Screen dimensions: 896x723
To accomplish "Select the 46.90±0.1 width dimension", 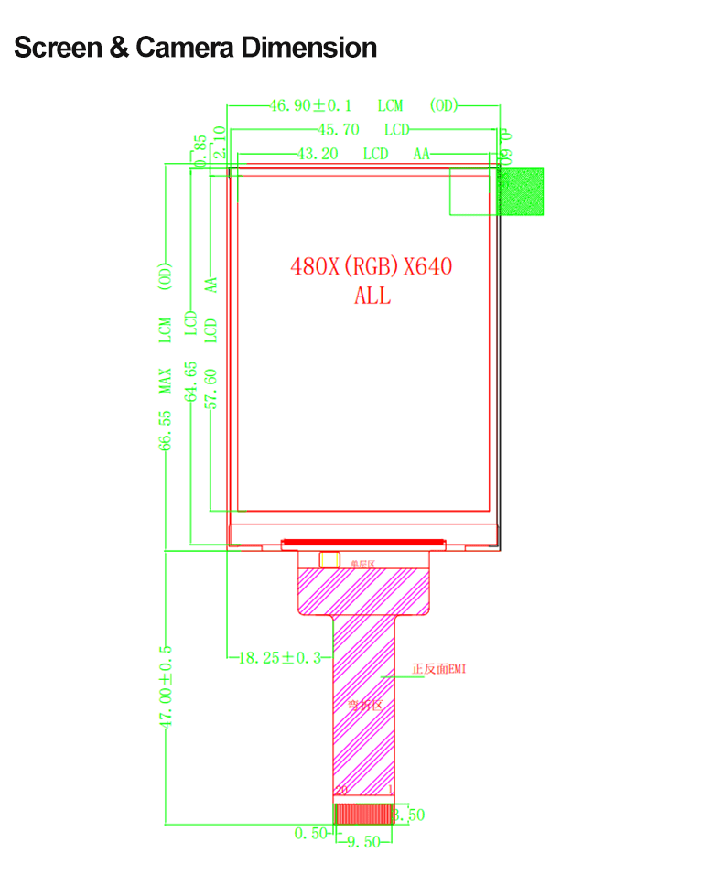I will point(312,105).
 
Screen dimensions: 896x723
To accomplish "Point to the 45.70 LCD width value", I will point(338,130).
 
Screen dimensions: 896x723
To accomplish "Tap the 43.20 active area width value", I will point(318,154).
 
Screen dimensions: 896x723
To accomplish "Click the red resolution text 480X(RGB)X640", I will point(371,267).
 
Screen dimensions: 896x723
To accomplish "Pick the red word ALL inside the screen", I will point(372,296).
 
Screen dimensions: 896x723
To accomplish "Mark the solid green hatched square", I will point(520,191).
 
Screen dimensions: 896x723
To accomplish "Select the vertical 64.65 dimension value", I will point(190,382).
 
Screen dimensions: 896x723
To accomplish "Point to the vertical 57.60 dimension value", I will point(211,390).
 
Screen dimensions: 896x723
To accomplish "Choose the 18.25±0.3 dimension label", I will point(279,657).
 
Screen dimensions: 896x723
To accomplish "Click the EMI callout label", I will point(438,669).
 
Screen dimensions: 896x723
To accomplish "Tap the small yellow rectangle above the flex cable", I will point(329,558).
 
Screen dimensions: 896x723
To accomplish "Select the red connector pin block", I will point(363,814).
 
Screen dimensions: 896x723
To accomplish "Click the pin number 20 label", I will point(341,790).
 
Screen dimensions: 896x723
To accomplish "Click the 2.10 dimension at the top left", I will point(218,143).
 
